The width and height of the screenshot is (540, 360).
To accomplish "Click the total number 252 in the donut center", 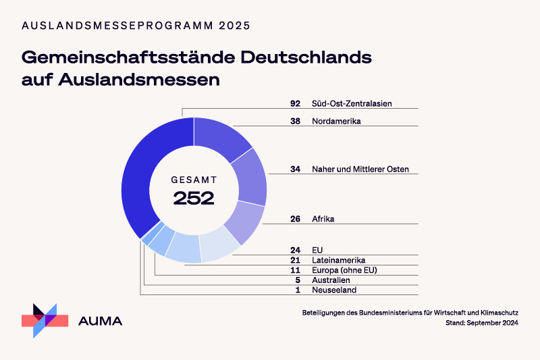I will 194,198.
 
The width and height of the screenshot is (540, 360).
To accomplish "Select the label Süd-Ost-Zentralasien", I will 352,103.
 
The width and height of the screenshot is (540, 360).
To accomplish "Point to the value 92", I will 295,103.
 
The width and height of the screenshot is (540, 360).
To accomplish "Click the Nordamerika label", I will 337,122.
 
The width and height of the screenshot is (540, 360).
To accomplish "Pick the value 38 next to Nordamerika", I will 295,122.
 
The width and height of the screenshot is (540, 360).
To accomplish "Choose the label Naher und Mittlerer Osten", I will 360,169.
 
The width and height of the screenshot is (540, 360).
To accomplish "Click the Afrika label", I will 323,219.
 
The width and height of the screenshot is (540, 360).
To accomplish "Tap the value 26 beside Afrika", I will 295,219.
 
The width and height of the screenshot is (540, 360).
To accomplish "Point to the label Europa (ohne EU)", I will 344,270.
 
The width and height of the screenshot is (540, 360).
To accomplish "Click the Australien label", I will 331,280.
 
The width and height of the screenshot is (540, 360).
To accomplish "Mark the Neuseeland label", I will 333,290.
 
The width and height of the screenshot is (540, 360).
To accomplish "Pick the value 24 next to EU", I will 295,250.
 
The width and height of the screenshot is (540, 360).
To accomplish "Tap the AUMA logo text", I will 101,321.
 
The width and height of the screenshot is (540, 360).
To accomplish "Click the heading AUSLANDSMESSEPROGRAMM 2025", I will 136,26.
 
